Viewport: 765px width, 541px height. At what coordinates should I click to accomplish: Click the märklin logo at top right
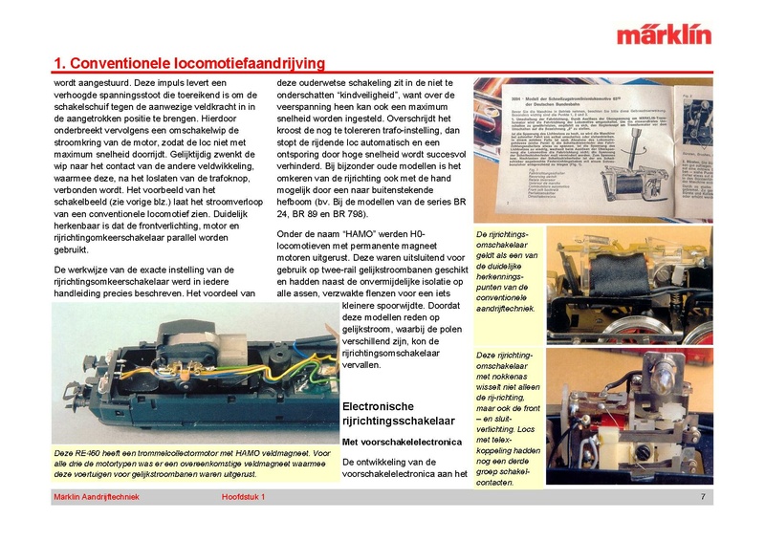point(664,35)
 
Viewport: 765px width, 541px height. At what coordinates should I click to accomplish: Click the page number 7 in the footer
point(703,497)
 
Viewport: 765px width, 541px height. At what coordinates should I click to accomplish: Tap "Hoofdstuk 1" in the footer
point(243,497)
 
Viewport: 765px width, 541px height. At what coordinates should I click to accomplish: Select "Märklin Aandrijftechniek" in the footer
point(97,497)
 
